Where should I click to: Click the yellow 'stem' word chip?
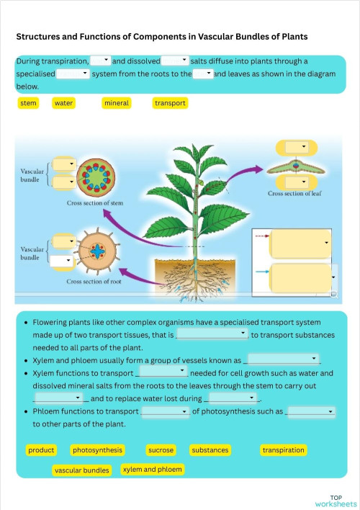coord(28,103)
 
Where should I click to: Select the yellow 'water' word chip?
coord(63,103)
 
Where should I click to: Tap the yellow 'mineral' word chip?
coord(117,103)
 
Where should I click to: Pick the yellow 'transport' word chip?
coord(170,103)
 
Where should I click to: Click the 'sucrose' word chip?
coord(161,450)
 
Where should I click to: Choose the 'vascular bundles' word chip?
coord(81,470)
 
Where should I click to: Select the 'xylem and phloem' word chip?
coord(152,470)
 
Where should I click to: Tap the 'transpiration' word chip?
coord(283,450)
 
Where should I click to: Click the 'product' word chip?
coord(41,450)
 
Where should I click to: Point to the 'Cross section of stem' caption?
coord(95,203)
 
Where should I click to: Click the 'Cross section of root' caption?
coord(94,282)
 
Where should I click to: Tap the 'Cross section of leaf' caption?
coord(294,193)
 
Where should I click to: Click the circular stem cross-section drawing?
coord(96,178)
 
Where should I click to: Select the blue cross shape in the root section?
coord(97,251)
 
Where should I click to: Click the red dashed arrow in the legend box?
coord(262,236)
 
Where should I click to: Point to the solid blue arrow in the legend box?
coord(262,272)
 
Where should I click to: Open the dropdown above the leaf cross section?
coord(296,147)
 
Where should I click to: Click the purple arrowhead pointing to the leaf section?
coord(258,169)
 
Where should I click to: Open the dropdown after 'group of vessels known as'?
coord(283,359)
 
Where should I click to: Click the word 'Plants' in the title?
coord(294,37)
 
